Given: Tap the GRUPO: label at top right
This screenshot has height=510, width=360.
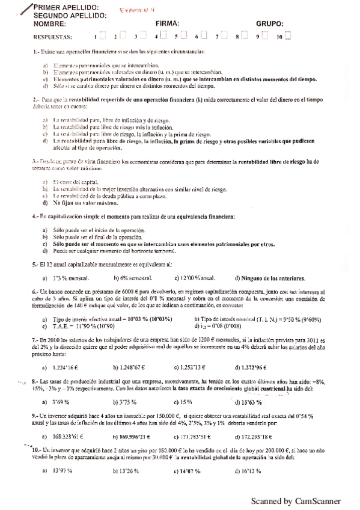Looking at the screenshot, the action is [x=269, y=24].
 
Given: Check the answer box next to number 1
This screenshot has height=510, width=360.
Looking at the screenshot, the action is [x=103, y=36].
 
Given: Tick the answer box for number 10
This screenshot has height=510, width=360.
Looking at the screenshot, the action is [x=287, y=36].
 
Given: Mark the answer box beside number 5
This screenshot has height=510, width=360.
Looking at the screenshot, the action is [x=185, y=36].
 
